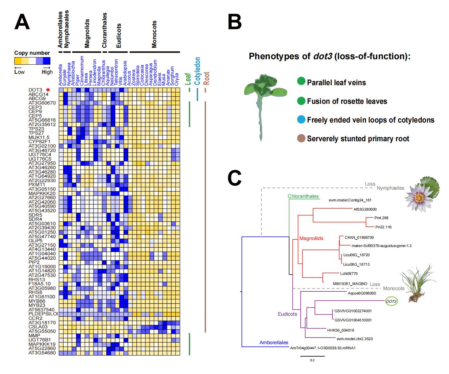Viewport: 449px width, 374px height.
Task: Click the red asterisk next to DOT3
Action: (x=48, y=90)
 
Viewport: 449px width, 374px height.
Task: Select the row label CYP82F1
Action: (x=39, y=142)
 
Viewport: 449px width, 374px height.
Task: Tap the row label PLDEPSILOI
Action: (x=43, y=314)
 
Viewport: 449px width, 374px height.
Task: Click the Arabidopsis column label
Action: (x=125, y=73)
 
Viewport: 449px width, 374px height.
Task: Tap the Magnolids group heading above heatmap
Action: (x=87, y=33)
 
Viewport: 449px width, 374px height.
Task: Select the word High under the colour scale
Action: (x=47, y=72)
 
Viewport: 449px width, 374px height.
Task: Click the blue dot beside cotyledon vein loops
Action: (x=301, y=120)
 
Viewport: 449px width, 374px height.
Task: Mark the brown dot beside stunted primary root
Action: (x=301, y=138)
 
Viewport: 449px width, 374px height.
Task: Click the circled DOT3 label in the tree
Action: (x=391, y=301)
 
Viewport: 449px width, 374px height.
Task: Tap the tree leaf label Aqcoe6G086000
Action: (x=362, y=293)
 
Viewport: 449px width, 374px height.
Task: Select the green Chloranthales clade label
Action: (x=303, y=196)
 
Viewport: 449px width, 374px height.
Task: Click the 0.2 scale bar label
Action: (x=312, y=360)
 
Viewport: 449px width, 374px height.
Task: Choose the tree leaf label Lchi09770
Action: (x=349, y=274)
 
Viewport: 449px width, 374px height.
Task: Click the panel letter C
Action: (x=234, y=178)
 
